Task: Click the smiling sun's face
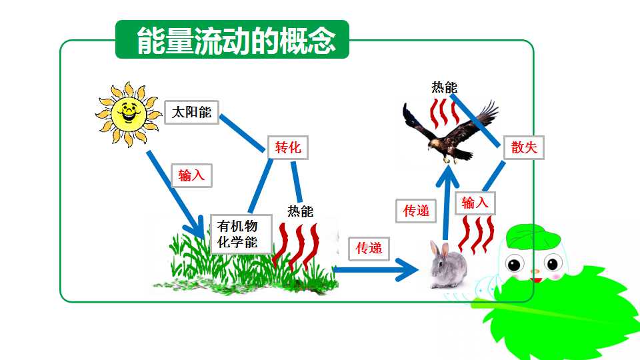coord(129,113)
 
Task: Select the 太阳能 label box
coord(191,112)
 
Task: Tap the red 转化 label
coord(288,147)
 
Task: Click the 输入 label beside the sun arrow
coord(191,175)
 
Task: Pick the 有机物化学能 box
coord(241,234)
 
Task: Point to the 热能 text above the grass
coord(301,211)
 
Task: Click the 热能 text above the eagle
coord(445,87)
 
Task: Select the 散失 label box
coord(524,147)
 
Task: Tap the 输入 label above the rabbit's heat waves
coord(475,203)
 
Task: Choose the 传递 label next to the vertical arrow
coord(416,211)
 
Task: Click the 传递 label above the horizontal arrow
coord(369,249)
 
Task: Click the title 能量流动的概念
coord(236,41)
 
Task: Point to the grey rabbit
coord(448,265)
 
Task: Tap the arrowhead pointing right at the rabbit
coord(407,269)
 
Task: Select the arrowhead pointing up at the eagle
coord(448,175)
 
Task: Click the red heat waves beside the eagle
coord(444,113)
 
